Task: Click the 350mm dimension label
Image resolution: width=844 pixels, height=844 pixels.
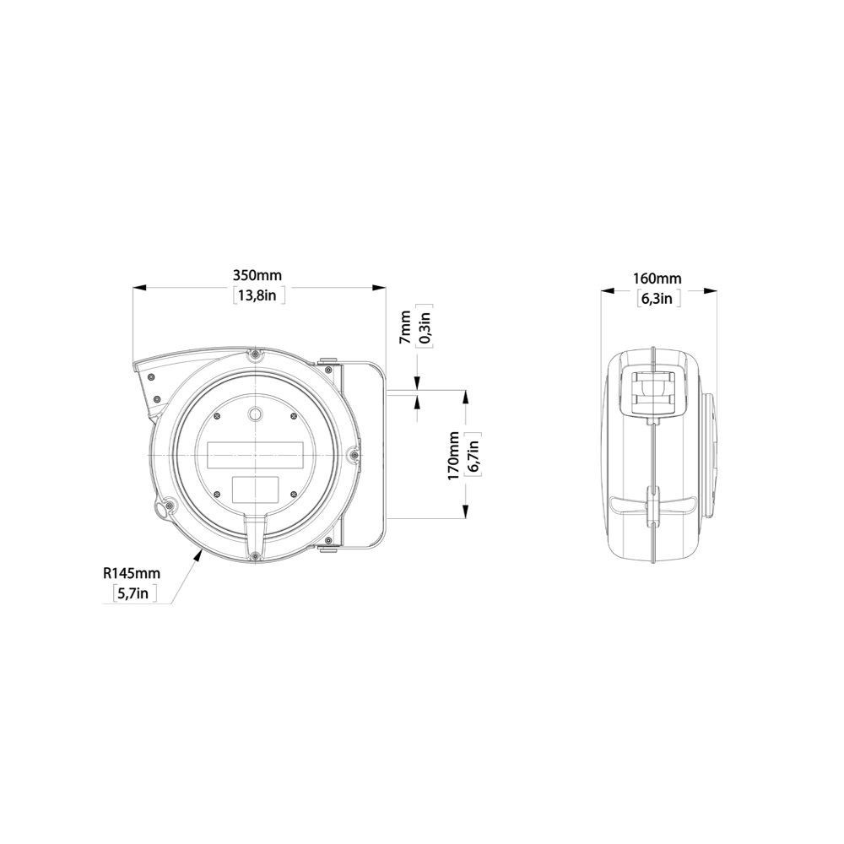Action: (257, 275)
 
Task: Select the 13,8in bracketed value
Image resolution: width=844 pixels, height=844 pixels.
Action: (258, 295)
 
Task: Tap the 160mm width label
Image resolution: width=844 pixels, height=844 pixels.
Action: (657, 279)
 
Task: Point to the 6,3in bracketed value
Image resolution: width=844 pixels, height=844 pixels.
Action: (657, 298)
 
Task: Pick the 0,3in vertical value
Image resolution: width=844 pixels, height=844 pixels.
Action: (425, 327)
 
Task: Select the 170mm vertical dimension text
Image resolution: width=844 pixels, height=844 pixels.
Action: (453, 456)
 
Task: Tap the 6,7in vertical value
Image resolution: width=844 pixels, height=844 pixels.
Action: (473, 457)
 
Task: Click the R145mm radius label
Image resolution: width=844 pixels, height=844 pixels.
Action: (132, 573)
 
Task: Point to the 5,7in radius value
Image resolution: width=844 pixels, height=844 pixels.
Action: (134, 593)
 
